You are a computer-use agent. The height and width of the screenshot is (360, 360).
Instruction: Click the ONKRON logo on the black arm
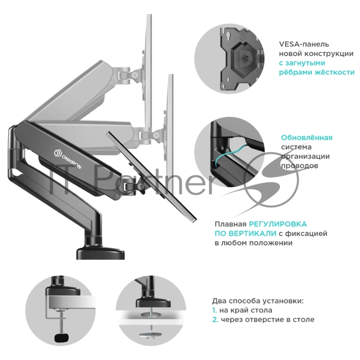pyautogui.click(x=67, y=159)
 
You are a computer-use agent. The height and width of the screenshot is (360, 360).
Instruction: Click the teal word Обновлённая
pyautogui.click(x=307, y=138)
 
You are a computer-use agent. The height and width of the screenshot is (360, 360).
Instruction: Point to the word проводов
pyautogui.click(x=300, y=166)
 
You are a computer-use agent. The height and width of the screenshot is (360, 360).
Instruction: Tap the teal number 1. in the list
pyautogui.click(x=215, y=310)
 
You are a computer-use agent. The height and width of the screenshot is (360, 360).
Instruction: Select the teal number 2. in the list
pyautogui.click(x=215, y=319)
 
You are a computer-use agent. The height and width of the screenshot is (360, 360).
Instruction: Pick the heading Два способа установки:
pyautogui.click(x=257, y=301)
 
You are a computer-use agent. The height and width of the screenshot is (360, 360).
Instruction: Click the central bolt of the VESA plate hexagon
pyautogui.click(x=243, y=59)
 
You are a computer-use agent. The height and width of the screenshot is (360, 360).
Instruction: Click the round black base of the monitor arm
pyautogui.click(x=100, y=253)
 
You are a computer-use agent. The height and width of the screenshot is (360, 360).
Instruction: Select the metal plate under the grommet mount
pyautogui.click(x=150, y=335)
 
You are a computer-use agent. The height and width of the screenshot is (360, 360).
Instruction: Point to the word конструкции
pyautogui.click(x=328, y=54)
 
